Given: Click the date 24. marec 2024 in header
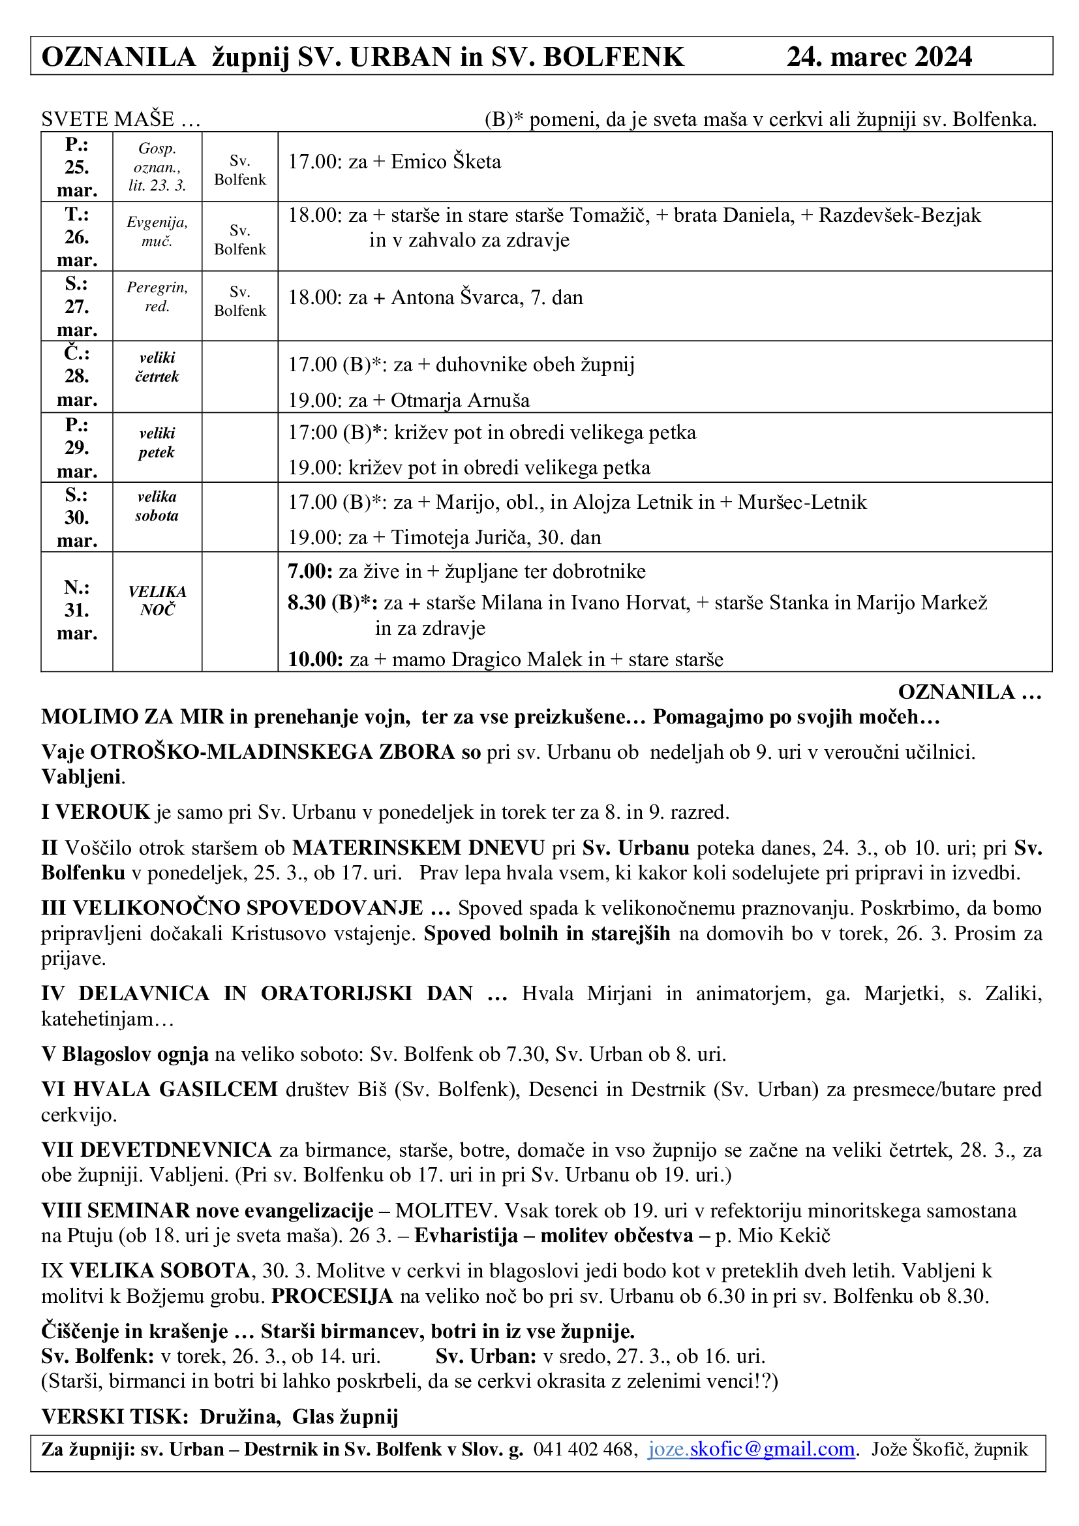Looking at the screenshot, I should coord(878,57).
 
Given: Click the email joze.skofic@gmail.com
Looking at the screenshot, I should coord(751,1448).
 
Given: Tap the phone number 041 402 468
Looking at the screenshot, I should coord(585,1448).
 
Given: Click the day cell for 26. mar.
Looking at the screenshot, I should coord(77,237).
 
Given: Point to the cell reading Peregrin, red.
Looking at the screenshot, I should coord(157,296).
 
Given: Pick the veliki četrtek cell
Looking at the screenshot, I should coord(157,367).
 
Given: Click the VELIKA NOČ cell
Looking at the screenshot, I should coord(157,601).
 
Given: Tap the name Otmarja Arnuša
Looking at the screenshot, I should coord(460,401).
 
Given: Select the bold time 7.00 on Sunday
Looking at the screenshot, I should coord(310,572).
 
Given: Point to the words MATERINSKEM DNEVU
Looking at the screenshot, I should coord(419,848).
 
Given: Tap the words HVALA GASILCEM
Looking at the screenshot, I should coord(175,1090).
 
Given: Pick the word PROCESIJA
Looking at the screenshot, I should coord(332,1296).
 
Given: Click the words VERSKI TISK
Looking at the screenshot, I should coord(115,1416).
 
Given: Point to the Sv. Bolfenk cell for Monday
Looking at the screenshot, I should coord(240,170).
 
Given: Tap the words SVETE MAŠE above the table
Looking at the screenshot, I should coord(108,119).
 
